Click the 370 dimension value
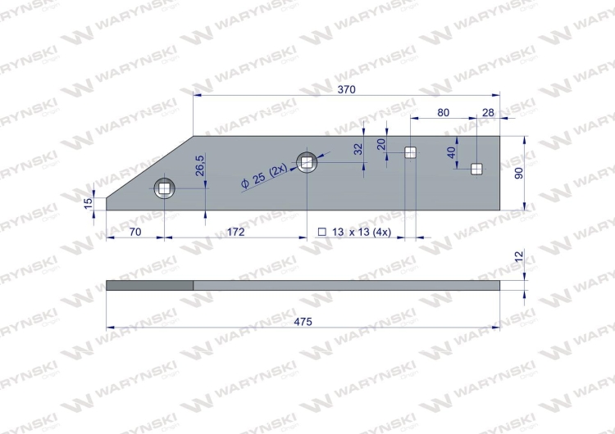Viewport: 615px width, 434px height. pos(346,90)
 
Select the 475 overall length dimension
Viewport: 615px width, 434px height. pos(303,322)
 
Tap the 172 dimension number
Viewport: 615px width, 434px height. pos(235,232)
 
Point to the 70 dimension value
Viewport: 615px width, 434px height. pos(135,232)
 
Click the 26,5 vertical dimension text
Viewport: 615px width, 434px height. pos(199,165)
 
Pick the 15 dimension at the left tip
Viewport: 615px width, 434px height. pos(89,203)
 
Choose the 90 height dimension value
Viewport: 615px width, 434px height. pos(518,173)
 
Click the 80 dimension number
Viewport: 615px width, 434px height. pos(443,113)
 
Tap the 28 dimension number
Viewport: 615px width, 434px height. pos(488,113)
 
